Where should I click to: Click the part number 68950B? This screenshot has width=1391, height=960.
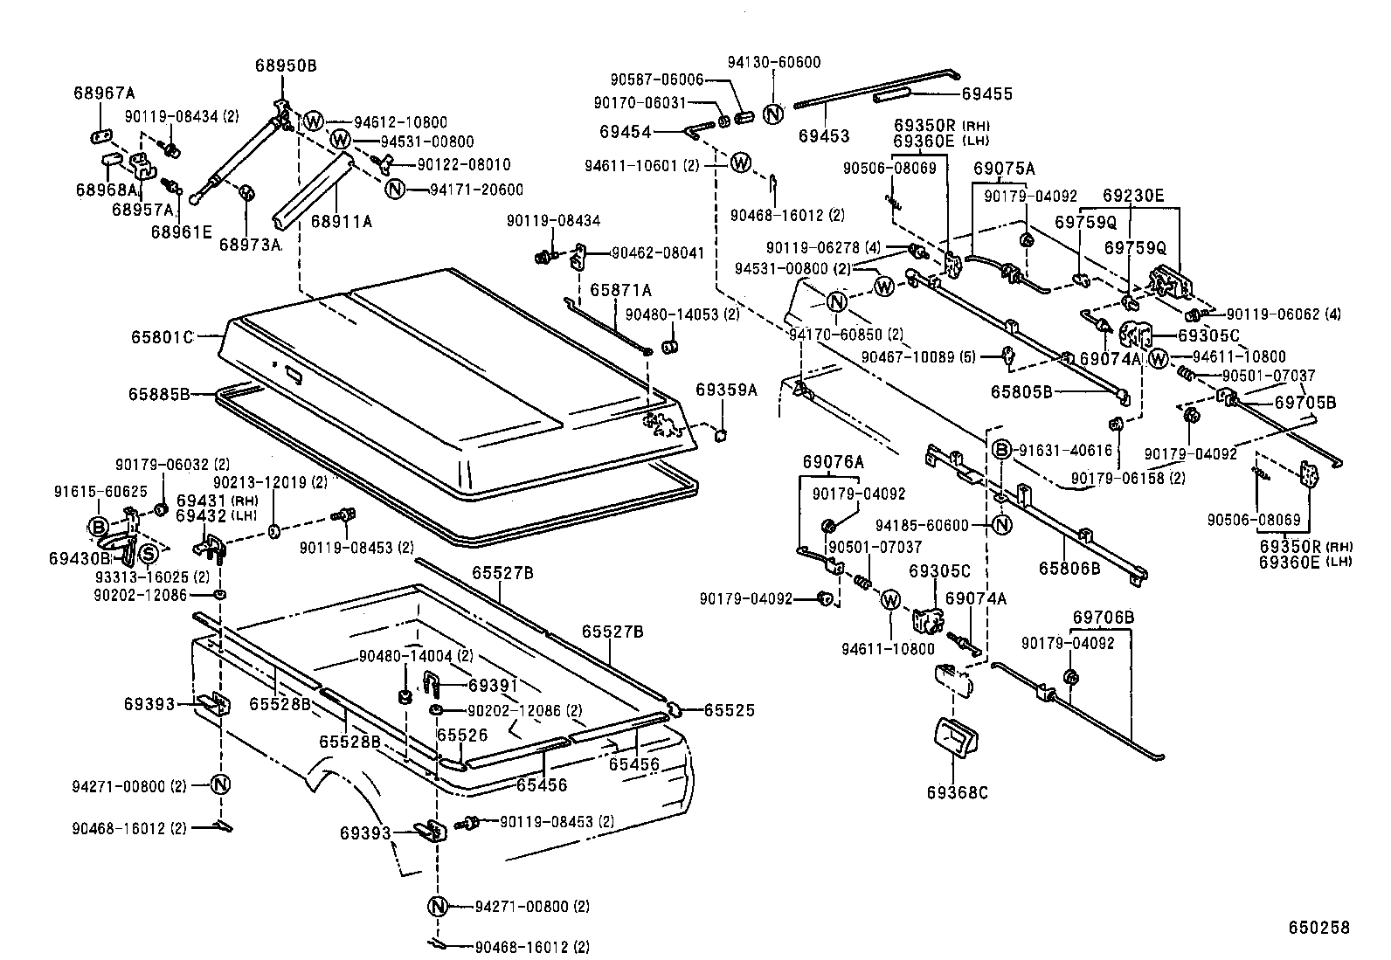pos(286,66)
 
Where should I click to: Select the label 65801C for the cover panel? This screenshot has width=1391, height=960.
pos(162,335)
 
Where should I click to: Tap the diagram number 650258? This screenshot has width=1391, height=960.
pos(1319,928)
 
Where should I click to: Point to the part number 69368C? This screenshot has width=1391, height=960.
pos(958,793)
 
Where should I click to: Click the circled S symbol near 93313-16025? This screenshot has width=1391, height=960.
pos(149,553)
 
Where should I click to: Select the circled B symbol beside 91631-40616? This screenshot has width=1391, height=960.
pos(1002,450)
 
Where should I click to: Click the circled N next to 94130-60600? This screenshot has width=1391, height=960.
pos(772,114)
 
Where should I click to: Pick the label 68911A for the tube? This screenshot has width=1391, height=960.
pos(341,222)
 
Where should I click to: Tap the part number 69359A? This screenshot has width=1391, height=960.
pos(727,389)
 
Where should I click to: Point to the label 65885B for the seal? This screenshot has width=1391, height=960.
pos(159,394)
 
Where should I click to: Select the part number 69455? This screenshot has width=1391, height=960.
pos(987,93)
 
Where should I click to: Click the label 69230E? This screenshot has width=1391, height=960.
pos(1133,195)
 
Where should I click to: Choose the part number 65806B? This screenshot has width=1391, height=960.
pos(1069,567)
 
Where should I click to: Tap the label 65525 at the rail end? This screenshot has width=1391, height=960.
pos(729,711)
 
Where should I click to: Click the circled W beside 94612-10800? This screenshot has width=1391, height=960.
pos(314,121)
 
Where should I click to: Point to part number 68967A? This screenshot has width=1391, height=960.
pos(104,93)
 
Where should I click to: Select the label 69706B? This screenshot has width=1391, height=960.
pos(1104,618)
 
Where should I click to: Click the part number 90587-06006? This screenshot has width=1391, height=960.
pos(656,79)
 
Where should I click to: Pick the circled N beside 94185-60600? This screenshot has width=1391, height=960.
pos(1002,525)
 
